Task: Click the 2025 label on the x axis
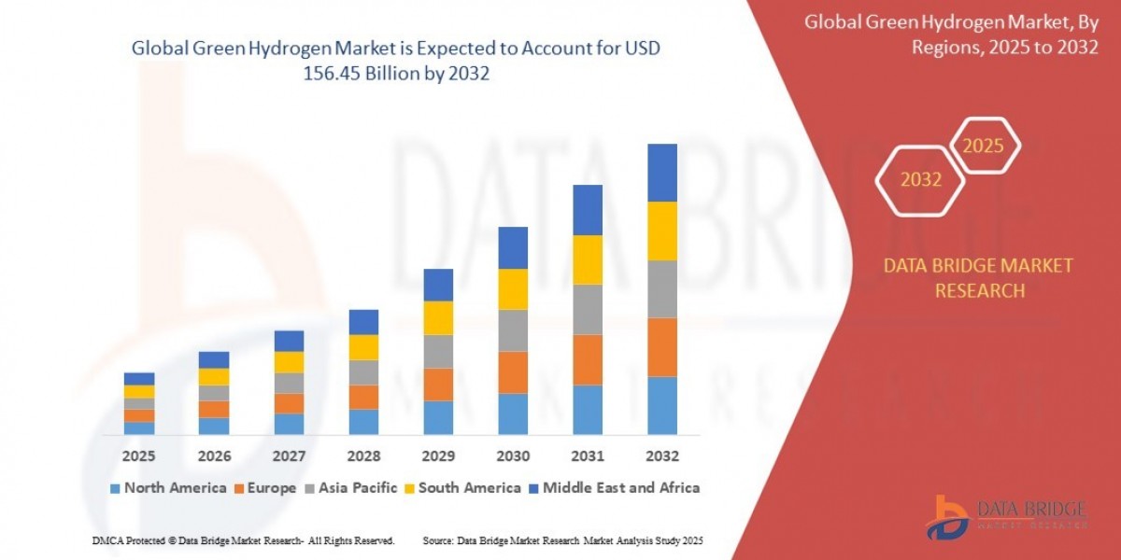pyautogui.click(x=138, y=456)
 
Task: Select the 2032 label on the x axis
pyautogui.click(x=661, y=456)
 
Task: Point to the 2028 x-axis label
pyautogui.click(x=363, y=456)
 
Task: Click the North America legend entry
pyautogui.click(x=168, y=487)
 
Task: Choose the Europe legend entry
pyautogui.click(x=265, y=487)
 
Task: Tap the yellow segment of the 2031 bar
pyautogui.click(x=587, y=259)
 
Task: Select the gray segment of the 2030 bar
pyautogui.click(x=513, y=330)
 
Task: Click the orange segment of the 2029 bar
pyautogui.click(x=438, y=385)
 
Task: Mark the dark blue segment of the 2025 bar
pyautogui.click(x=138, y=379)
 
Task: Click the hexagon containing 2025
pyautogui.click(x=983, y=146)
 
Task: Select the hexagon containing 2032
pyautogui.click(x=921, y=180)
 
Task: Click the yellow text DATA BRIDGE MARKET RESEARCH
pyautogui.click(x=978, y=278)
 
